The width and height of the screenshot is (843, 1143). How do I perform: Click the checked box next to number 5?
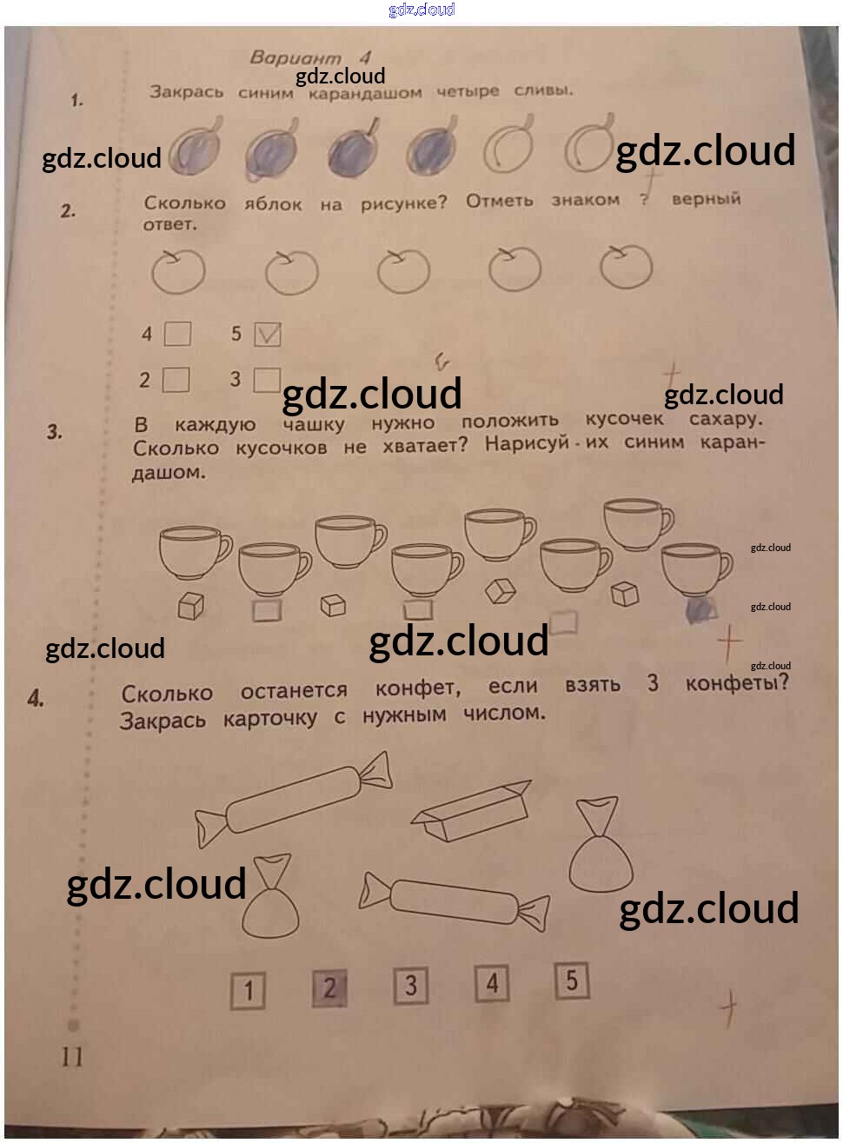[x=268, y=335]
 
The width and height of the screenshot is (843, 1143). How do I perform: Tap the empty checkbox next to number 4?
[x=177, y=334]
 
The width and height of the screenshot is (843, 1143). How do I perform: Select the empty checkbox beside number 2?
[x=176, y=380]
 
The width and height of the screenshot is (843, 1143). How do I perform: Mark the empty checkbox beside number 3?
[x=267, y=380]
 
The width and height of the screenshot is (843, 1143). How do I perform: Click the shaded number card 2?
[x=329, y=988]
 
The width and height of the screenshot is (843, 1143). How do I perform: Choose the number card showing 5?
[x=572, y=981]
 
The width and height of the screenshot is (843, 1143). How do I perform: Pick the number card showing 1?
[x=248, y=990]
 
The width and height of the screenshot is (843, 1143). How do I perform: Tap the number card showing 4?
[x=492, y=984]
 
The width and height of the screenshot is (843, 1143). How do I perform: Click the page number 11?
[x=72, y=1056]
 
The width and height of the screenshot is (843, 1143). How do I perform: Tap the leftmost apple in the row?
[x=178, y=271]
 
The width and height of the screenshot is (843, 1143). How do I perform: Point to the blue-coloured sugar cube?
[x=700, y=609]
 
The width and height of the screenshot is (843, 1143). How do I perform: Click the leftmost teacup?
[x=193, y=551]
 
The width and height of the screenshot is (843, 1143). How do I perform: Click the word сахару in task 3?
[x=725, y=419]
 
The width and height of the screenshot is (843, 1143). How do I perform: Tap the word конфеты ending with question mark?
[x=736, y=683]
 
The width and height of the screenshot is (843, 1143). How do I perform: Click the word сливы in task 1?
[x=543, y=90]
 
